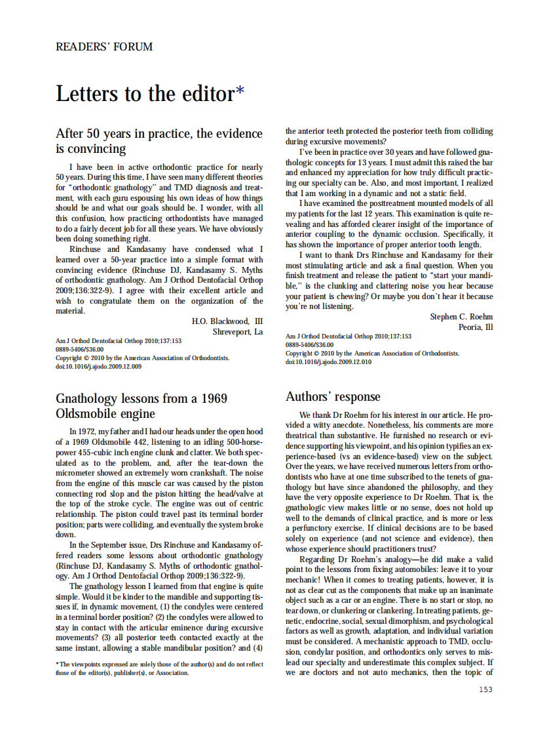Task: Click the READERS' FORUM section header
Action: pyautogui.click(x=104, y=47)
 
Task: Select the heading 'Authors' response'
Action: pyautogui.click(x=332, y=397)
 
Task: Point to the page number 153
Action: pyautogui.click(x=485, y=689)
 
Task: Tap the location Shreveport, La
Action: pyautogui.click(x=237, y=332)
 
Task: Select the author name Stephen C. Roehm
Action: pyautogui.click(x=461, y=317)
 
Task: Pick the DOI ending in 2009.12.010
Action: pyautogui.click(x=328, y=361)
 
